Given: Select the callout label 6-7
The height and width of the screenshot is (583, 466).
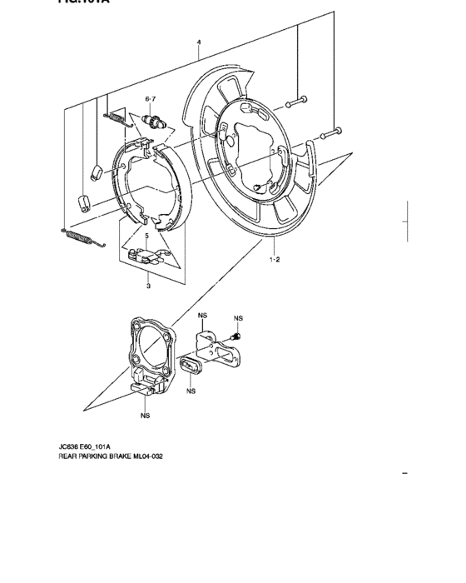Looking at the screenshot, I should (151, 99).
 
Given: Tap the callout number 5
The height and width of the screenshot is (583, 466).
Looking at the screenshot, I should (146, 237).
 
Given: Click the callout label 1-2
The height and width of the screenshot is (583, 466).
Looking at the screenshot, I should (274, 259).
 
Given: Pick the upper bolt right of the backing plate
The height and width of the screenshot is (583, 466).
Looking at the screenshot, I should (297, 102).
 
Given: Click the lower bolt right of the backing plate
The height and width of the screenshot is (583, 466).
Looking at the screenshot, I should (332, 132).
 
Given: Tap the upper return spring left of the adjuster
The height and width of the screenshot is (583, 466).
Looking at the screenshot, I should (116, 117).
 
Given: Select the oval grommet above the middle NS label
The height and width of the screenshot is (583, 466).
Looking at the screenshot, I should (190, 367).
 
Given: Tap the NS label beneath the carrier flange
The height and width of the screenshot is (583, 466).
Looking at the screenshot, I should (145, 414).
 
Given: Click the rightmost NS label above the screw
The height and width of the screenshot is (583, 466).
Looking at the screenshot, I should (238, 318).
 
